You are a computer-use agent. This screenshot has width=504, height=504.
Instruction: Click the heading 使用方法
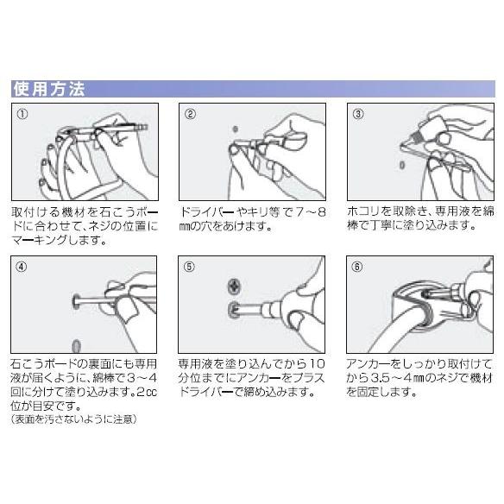(49, 89)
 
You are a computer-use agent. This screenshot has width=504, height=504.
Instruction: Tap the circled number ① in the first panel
(22, 114)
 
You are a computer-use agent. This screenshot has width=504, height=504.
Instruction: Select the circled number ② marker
(190, 114)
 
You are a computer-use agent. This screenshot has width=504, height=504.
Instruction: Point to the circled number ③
(358, 114)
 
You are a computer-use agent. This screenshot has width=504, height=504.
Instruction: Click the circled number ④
(22, 267)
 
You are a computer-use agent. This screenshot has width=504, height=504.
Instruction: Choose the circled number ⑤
(189, 267)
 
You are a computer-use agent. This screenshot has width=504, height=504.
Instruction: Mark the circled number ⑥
(357, 267)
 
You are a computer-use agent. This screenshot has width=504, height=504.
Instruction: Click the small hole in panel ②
(236, 129)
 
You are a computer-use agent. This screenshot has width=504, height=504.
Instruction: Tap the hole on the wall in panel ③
(402, 165)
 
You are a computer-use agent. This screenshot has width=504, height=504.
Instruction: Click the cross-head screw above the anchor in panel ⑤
(234, 287)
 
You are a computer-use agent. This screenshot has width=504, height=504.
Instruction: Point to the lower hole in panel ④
(76, 346)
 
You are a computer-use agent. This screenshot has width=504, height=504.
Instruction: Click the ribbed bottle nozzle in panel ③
(416, 137)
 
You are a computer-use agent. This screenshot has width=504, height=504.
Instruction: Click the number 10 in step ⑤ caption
(318, 364)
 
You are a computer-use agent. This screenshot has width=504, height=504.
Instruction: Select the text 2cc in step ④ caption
(147, 393)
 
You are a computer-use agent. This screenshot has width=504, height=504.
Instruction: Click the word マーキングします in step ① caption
(59, 240)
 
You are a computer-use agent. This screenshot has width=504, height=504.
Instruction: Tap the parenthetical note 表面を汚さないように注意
(74, 419)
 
